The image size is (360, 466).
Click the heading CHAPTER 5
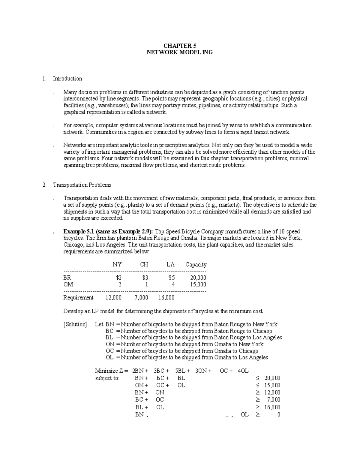click(x=180, y=46)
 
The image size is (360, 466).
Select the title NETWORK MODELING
click(x=180, y=53)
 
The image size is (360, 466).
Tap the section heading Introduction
click(x=67, y=79)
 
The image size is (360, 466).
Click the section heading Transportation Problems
click(x=82, y=185)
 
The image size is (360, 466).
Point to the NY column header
click(x=117, y=265)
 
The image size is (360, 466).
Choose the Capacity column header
click(x=196, y=265)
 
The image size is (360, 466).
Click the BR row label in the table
click(x=67, y=278)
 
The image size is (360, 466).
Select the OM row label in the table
click(x=68, y=284)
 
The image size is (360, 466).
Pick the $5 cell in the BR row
click(x=171, y=278)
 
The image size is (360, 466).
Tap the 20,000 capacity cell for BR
click(x=198, y=278)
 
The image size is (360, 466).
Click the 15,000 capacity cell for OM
click(x=198, y=284)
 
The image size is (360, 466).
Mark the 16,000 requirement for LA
click(x=166, y=298)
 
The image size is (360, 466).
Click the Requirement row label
click(x=78, y=298)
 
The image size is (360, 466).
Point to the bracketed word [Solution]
click(x=75, y=324)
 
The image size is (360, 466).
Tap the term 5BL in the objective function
click(x=183, y=371)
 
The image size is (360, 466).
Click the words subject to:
click(x=107, y=378)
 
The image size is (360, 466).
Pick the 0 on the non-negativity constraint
click(x=279, y=415)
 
